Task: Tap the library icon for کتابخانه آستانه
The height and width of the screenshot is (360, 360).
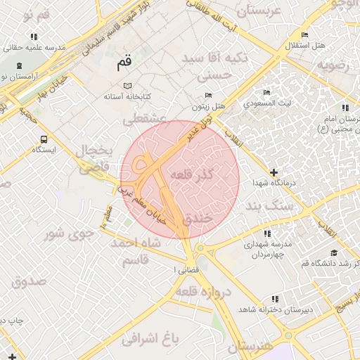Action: tap(127, 85)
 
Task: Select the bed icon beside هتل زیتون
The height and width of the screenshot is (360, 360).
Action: tap(207, 96)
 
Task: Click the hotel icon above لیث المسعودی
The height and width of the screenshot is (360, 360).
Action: tap(266, 92)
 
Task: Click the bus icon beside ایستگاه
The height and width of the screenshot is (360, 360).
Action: tap(45, 139)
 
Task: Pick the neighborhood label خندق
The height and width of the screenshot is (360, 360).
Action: tap(197, 219)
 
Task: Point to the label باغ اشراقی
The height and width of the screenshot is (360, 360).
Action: tap(150, 339)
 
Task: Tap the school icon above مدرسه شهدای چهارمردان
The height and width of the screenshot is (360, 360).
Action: tap(266, 233)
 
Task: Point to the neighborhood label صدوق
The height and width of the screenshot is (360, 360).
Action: tap(28, 281)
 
